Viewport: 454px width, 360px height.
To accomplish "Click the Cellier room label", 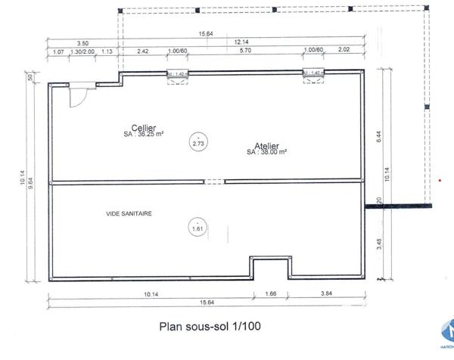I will coord(144,129).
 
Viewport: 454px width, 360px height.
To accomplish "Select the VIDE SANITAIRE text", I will coord(129,214).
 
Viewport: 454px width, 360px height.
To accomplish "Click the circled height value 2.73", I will coord(198,143).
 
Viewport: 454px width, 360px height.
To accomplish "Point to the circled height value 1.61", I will coord(198,227).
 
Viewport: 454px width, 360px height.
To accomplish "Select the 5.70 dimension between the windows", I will coord(244,51).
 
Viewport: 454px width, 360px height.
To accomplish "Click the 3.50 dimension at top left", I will coord(82,43).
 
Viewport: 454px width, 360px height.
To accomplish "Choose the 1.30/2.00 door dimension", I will coord(82,51).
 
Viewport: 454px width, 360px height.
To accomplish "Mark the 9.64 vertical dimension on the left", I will coord(30,180).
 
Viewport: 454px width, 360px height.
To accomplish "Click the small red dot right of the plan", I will coord(440,181).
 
